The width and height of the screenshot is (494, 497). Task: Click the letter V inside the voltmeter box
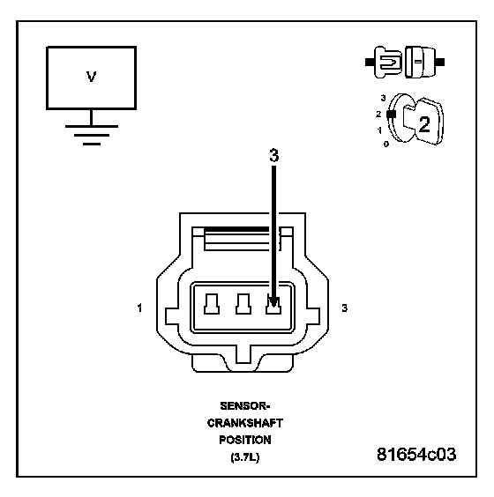92,77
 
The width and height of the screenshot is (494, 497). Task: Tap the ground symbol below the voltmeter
92,135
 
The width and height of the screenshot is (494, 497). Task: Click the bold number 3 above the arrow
274,156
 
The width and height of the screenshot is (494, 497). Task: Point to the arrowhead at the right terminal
273,302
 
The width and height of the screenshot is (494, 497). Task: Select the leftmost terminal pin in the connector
212,304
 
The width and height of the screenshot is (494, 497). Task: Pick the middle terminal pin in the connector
243,304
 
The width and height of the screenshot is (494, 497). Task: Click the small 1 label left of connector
139,308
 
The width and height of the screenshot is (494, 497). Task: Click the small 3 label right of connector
345,308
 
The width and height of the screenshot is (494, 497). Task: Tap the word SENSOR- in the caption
245,406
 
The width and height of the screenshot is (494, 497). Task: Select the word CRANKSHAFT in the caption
245,423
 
